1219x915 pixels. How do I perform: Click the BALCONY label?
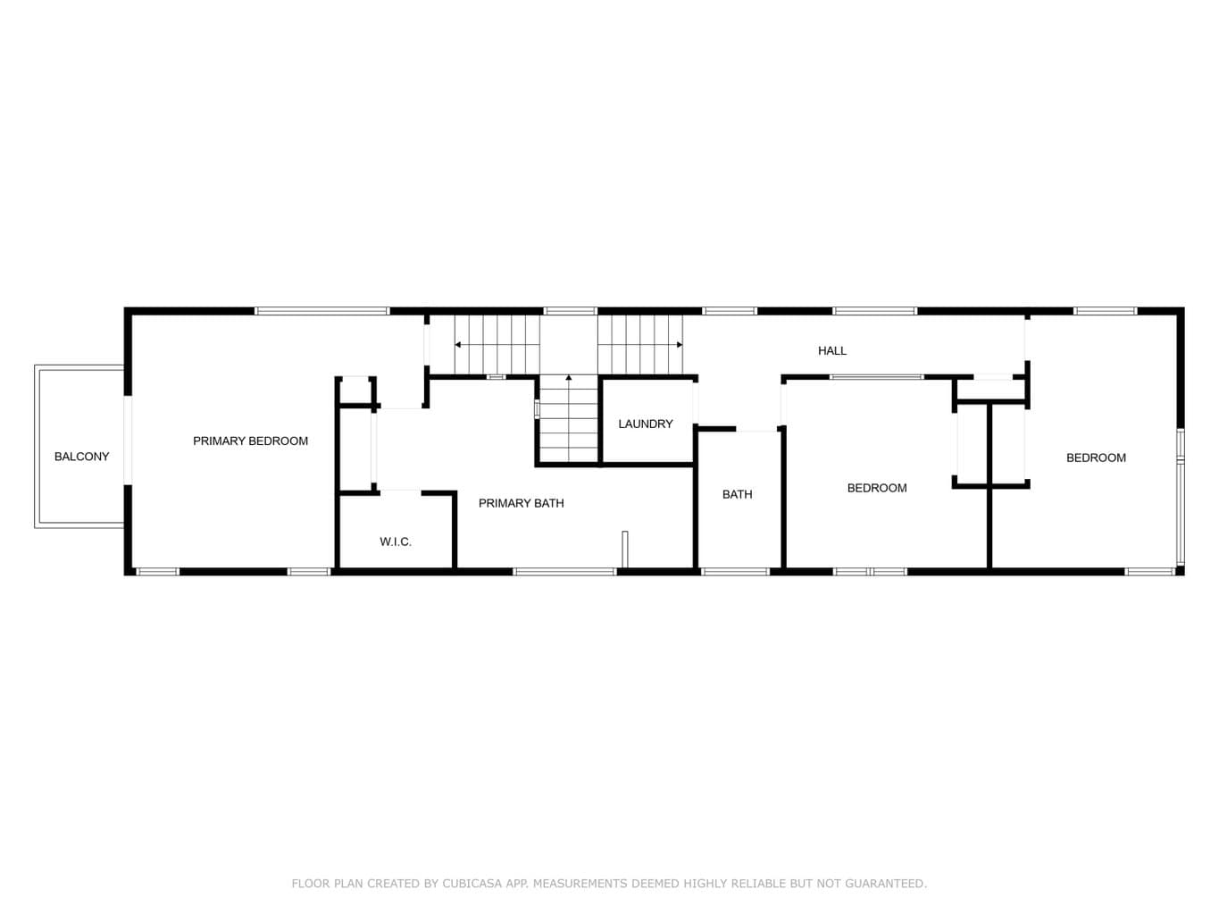(81, 457)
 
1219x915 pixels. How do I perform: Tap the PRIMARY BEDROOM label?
(250, 441)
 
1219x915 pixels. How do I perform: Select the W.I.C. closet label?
(396, 541)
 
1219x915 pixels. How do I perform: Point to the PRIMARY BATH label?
(521, 503)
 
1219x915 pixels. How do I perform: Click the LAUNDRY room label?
(646, 424)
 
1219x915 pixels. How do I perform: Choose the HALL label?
(832, 350)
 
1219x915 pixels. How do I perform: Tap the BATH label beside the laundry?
(737, 494)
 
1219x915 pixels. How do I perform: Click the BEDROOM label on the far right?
(1096, 457)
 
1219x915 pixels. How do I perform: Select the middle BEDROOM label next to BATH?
(877, 488)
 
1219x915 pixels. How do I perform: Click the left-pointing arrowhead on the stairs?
(457, 345)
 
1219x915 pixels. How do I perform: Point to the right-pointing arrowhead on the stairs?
(680, 345)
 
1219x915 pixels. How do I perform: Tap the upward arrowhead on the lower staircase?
(569, 378)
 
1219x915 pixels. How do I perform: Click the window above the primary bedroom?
(322, 311)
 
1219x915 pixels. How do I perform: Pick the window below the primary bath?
(564, 572)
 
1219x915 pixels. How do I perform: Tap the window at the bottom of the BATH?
(735, 572)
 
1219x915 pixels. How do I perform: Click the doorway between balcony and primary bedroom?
(128, 440)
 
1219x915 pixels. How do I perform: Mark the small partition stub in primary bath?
(625, 550)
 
